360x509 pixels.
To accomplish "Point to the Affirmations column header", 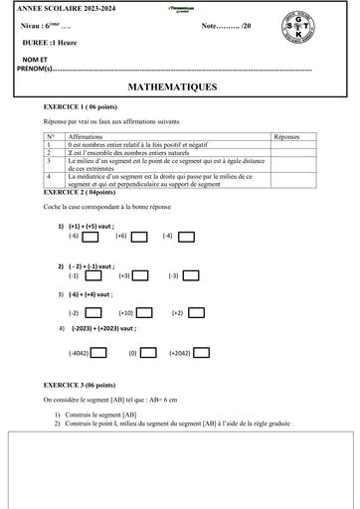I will [90, 134].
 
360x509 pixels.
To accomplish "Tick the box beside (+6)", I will [139, 236].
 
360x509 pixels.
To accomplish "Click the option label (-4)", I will [168, 236].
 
